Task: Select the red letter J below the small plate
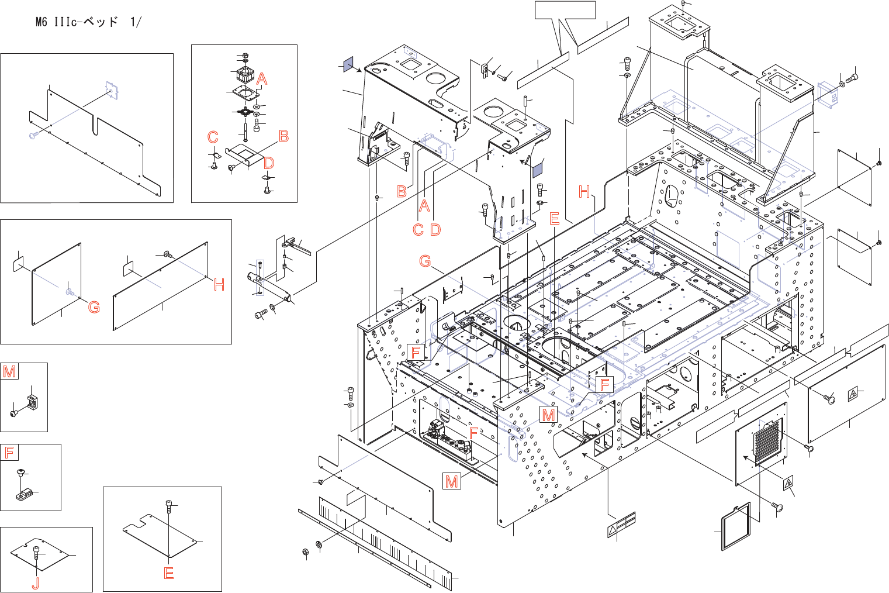36,582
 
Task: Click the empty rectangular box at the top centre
566,10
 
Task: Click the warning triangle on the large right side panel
853,394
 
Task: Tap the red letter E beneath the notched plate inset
169,573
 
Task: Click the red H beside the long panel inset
219,285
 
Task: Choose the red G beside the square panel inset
94,307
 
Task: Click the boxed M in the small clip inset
9,371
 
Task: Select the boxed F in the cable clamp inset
9,452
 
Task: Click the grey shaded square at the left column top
347,64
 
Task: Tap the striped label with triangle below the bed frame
621,525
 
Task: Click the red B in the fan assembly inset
283,136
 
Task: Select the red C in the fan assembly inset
213,137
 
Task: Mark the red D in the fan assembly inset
268,163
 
